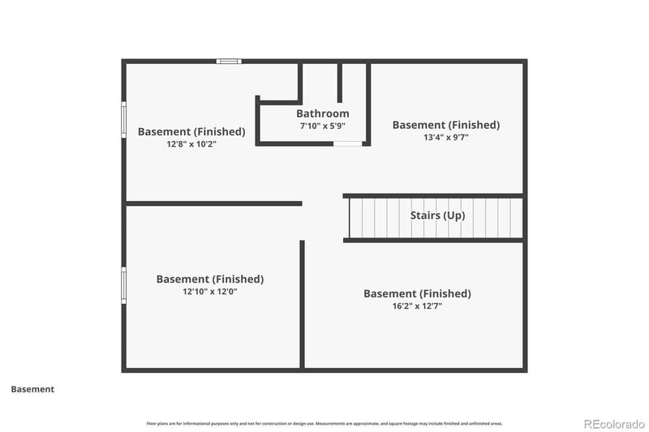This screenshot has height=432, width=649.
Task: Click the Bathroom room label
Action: point(322,113)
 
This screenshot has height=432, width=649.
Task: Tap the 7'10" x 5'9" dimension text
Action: point(322,126)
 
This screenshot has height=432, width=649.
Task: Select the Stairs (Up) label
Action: point(437,216)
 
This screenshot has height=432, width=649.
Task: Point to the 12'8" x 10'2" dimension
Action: point(191,144)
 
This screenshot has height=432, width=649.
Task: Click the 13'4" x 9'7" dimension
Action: point(445,138)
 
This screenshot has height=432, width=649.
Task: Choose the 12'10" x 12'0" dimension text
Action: point(209,292)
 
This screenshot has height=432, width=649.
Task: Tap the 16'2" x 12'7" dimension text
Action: point(417,306)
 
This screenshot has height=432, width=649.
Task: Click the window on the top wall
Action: point(229,61)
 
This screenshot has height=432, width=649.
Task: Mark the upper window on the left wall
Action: point(124,119)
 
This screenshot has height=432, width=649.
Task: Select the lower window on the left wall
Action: point(124,285)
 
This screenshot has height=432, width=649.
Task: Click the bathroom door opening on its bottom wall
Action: point(348,143)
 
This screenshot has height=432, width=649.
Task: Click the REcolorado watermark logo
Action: point(614,423)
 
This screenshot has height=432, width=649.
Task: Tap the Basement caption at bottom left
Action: point(32,389)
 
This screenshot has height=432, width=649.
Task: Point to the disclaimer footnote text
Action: point(324,423)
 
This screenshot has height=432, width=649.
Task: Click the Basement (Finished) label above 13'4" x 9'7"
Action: point(445,125)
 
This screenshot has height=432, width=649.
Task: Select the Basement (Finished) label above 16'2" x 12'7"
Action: point(417,293)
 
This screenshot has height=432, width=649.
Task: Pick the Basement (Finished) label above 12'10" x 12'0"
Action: point(209,279)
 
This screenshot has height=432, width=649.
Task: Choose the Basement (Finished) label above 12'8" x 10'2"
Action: point(191,131)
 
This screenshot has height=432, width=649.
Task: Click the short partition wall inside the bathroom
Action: point(340,82)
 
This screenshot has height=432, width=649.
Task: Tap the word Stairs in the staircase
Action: point(426,216)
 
